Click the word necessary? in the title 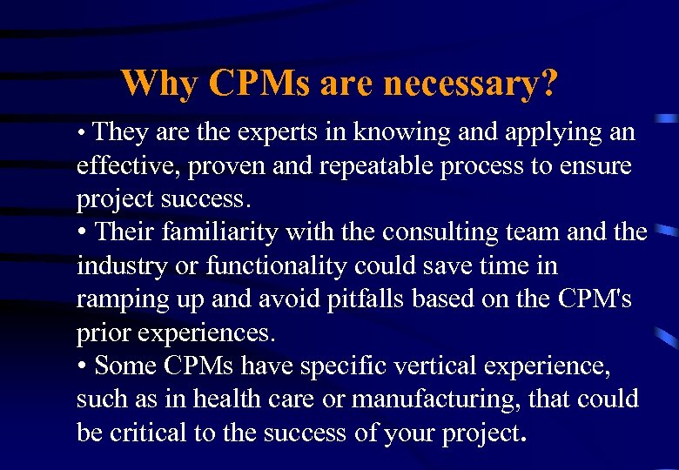pos(470,84)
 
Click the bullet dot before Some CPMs pos(83,366)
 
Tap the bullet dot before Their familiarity pos(83,233)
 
